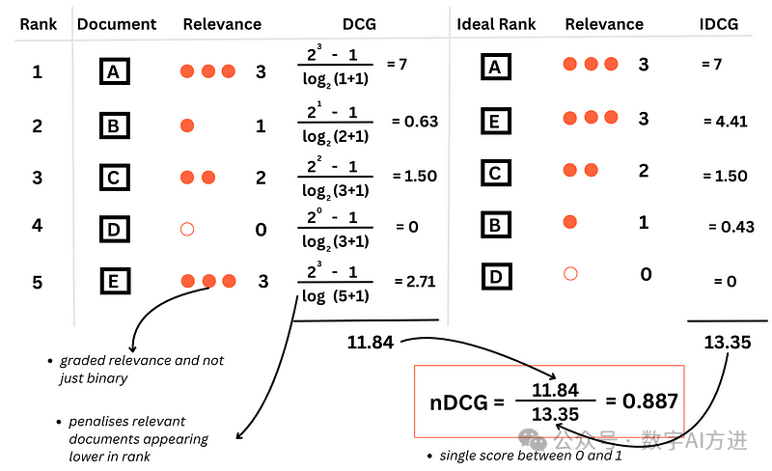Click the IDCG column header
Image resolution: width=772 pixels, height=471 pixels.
pyautogui.click(x=718, y=24)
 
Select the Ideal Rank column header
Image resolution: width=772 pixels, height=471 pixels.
pyautogui.click(x=496, y=24)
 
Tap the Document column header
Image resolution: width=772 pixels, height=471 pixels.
pyautogui.click(x=117, y=24)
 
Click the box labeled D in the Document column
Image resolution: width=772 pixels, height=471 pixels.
pyautogui.click(x=114, y=229)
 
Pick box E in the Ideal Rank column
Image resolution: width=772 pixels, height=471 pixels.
pyautogui.click(x=496, y=121)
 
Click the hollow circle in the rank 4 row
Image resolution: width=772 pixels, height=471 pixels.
pyautogui.click(x=187, y=229)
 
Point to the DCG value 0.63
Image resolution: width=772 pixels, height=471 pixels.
pyautogui.click(x=415, y=122)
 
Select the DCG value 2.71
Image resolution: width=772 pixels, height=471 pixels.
pyautogui.click(x=415, y=281)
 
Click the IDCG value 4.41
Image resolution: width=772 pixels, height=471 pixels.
pyautogui.click(x=726, y=122)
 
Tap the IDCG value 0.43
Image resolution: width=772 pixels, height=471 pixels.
pyautogui.click(x=731, y=227)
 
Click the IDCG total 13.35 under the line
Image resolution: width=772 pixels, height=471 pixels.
pyautogui.click(x=728, y=342)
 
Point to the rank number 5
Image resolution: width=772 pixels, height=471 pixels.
pyautogui.click(x=38, y=282)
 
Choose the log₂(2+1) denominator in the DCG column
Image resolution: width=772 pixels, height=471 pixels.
pyautogui.click(x=335, y=136)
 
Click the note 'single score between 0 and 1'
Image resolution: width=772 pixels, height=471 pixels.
pyautogui.click(x=531, y=456)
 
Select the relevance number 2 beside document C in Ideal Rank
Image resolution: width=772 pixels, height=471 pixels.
pyautogui.click(x=644, y=171)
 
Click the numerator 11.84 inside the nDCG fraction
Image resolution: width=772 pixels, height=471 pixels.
pyautogui.click(x=555, y=390)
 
